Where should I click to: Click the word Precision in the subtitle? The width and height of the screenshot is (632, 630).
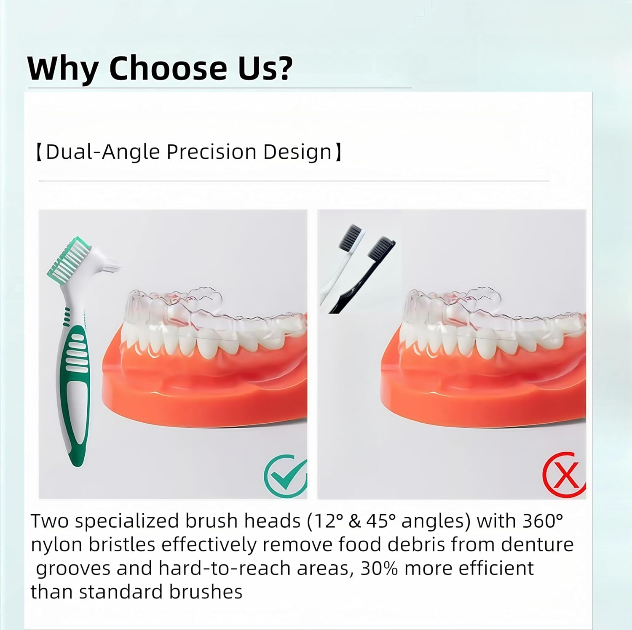pos(211,152)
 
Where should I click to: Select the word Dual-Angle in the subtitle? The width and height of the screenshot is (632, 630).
pos(103,152)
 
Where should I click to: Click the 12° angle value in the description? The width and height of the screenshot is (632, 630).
pos(325,521)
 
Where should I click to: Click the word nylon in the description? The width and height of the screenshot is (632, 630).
pos(56,545)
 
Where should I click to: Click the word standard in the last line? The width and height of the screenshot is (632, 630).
pos(121,592)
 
